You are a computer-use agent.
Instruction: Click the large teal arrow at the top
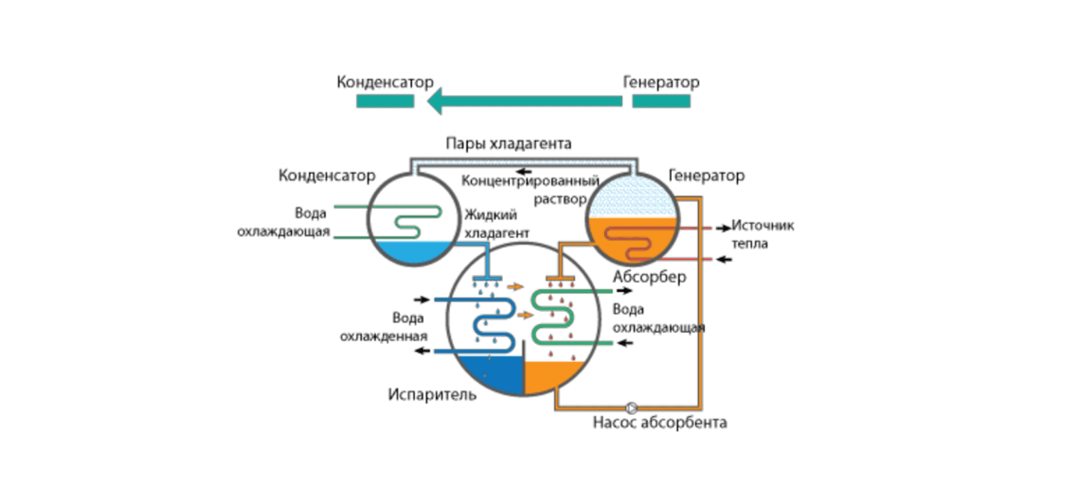point(524,101)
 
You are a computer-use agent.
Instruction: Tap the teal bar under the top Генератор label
point(661,101)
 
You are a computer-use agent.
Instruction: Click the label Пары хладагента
point(508,143)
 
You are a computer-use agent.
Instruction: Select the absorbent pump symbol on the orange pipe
point(631,407)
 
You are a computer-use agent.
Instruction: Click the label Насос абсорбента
point(660,423)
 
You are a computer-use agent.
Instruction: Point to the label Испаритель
point(432,394)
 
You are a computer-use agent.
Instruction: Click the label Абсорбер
point(649,276)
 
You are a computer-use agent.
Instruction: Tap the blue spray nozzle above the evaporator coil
point(487,278)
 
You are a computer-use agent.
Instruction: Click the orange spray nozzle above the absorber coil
point(560,278)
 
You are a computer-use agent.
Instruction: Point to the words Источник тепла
point(762,234)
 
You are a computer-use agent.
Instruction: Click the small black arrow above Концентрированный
point(524,171)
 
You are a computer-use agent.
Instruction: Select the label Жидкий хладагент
point(496,224)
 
